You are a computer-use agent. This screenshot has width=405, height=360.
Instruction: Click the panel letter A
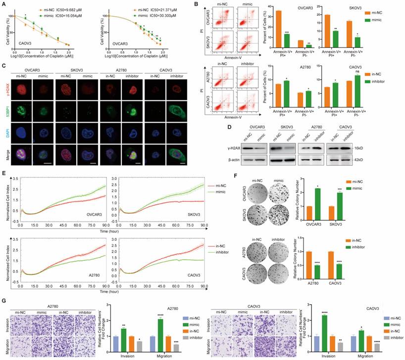4,4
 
